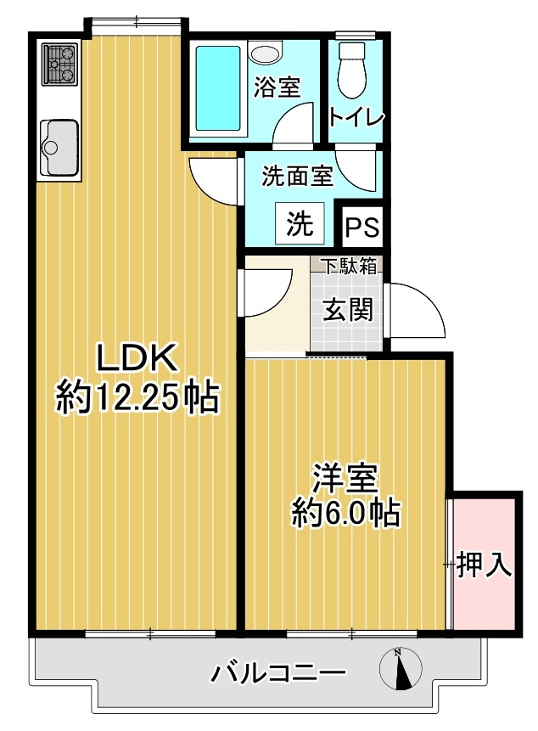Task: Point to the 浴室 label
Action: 277,87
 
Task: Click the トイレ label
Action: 357,117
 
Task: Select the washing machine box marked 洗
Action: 299,222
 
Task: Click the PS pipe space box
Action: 361,228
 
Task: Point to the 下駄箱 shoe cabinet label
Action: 348,266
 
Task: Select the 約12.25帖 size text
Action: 137,397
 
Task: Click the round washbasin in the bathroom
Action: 265,53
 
